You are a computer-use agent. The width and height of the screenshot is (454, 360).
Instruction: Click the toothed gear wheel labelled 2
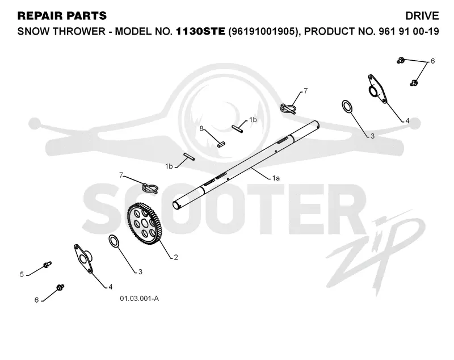[145, 224]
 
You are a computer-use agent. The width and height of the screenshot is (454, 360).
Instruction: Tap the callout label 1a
[276, 178]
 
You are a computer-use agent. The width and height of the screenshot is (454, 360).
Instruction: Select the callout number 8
[201, 128]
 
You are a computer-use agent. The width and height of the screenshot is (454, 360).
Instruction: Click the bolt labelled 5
[47, 264]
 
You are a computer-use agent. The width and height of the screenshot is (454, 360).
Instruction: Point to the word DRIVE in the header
[422, 16]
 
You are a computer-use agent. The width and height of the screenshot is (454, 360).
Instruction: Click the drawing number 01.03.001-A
[139, 298]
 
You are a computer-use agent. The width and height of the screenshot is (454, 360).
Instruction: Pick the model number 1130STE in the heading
[200, 31]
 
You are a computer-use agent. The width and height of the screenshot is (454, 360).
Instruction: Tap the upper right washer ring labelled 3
[347, 106]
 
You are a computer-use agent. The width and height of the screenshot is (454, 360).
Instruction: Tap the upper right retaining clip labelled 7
[288, 108]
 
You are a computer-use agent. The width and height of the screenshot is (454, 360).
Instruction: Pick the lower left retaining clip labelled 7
[150, 188]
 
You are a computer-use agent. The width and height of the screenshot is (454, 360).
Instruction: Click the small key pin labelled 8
[221, 144]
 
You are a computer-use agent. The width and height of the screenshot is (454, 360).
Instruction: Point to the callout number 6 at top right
[432, 61]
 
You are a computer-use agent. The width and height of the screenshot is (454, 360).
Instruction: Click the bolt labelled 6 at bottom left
[60, 287]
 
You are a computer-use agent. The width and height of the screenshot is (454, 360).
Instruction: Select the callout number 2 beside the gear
[176, 257]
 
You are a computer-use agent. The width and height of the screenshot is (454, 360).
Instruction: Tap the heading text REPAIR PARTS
[62, 16]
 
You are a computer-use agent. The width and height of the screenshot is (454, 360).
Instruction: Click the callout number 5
[22, 274]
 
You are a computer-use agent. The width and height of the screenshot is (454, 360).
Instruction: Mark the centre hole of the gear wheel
[145, 223]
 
